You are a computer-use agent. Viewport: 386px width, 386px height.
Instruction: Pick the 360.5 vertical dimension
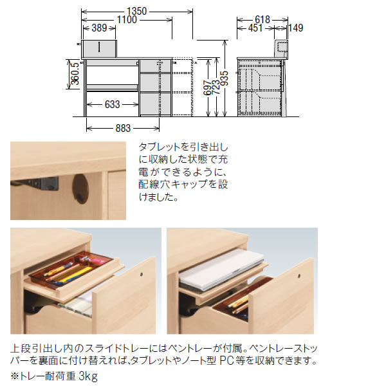pyautogui.click(x=75, y=72)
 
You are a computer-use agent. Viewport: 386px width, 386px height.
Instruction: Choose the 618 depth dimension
pyautogui.click(x=261, y=19)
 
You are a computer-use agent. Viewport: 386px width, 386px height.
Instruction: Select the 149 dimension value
pyautogui.click(x=296, y=28)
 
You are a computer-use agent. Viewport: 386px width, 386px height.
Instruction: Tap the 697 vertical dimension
pyautogui.click(x=207, y=86)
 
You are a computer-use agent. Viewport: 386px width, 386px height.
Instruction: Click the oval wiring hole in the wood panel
pyautogui.click(x=80, y=187)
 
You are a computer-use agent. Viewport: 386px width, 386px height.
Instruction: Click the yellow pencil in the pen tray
pyautogui.click(x=71, y=276)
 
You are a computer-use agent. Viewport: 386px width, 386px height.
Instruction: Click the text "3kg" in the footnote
pyautogui.click(x=84, y=376)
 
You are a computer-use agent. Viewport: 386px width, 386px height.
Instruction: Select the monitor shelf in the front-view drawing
pyautogui.click(x=98, y=48)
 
